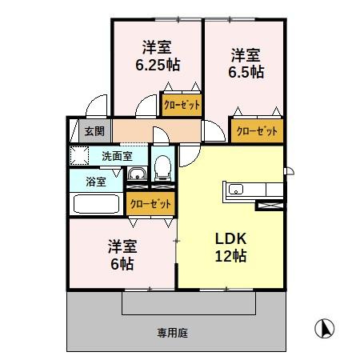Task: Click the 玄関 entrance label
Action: [x=84, y=130]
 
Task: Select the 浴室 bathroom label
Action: [x=95, y=181]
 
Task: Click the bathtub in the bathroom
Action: [x=96, y=203]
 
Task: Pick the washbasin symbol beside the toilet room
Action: [x=137, y=174]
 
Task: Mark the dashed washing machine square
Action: [x=79, y=155]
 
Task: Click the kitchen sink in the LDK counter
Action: [x=237, y=190]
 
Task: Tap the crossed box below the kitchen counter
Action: [x=267, y=206]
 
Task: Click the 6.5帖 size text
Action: [x=246, y=72]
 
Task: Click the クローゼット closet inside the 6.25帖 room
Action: [x=182, y=104]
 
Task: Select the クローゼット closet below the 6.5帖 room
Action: [x=257, y=130]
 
